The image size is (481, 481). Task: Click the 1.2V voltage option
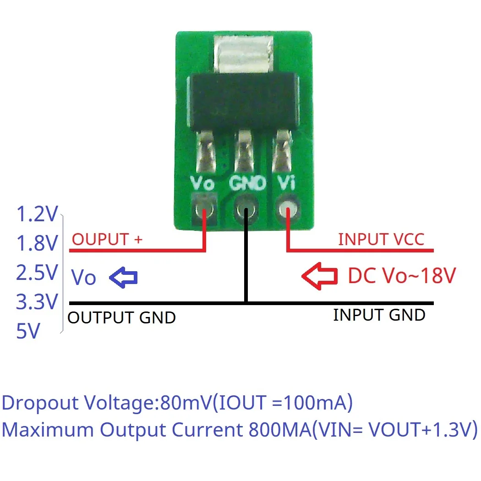(37, 214)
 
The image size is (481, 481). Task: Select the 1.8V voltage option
(37, 244)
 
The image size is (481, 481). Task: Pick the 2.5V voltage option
(37, 273)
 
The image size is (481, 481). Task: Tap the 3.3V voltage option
(37, 302)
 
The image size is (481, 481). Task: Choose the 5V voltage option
(28, 331)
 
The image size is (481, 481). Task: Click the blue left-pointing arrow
(124, 277)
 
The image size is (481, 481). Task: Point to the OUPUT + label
(107, 239)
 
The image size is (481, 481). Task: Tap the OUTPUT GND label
(122, 317)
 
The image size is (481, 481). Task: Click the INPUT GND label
(379, 315)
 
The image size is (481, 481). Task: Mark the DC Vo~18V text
(402, 276)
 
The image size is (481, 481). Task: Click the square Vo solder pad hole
(204, 210)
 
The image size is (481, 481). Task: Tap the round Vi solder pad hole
(288, 211)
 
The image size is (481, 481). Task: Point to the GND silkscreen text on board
(247, 184)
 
